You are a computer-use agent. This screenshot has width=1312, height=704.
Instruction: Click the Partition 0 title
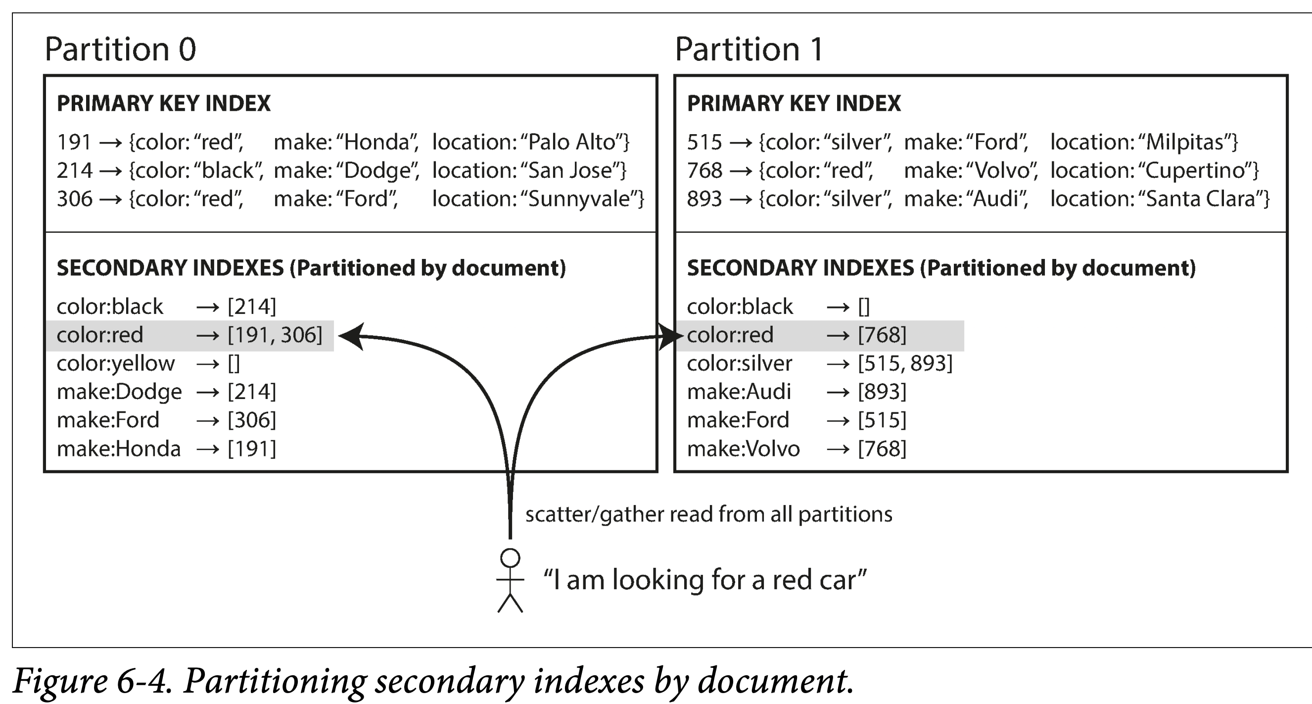pos(120,50)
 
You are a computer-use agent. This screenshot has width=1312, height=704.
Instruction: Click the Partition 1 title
pos(749,50)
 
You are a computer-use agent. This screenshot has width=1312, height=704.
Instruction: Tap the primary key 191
pos(74,142)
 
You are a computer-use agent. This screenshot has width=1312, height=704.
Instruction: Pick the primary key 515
pos(704,142)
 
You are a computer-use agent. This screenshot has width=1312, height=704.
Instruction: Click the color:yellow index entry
pos(116,363)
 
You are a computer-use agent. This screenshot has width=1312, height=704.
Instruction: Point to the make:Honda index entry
pos(119,449)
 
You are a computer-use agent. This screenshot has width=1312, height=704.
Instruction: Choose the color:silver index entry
pos(740,363)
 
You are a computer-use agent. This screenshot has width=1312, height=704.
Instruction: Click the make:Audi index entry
pos(739,392)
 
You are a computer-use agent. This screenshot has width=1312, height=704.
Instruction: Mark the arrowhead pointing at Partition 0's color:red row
pos(351,336)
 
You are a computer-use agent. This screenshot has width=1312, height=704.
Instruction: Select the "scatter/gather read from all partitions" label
pos(708,514)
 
